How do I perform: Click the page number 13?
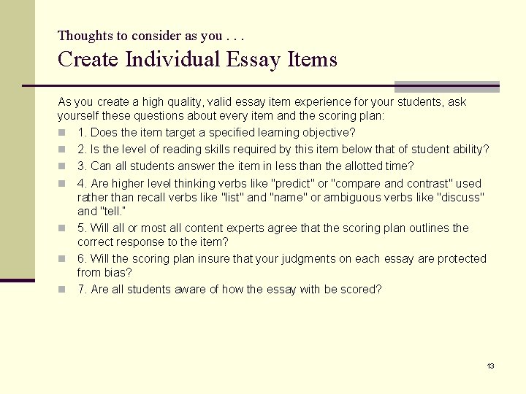pyautogui.click(x=490, y=366)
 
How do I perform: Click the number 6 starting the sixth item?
pyautogui.click(x=81, y=258)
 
